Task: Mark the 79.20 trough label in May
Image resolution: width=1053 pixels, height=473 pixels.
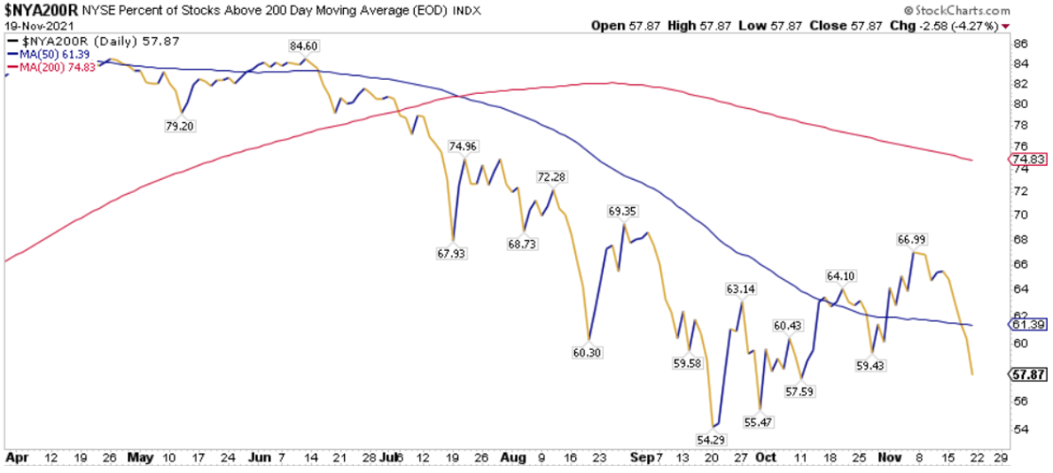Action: [180, 126]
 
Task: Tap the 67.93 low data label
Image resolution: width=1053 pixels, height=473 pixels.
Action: [452, 253]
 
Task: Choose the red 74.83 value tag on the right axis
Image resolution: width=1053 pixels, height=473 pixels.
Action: [1028, 159]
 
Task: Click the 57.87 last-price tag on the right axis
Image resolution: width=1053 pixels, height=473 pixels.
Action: [1028, 375]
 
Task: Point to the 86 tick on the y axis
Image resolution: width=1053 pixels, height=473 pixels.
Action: [1019, 43]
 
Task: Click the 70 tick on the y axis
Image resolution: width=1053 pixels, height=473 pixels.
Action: [1019, 214]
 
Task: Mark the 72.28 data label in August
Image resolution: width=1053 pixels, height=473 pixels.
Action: [552, 177]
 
